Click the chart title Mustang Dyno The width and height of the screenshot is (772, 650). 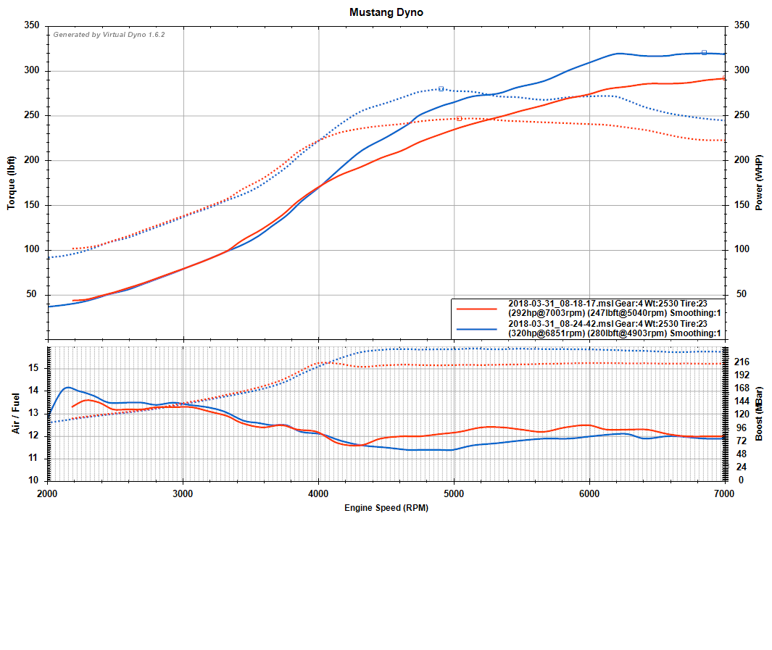pyautogui.click(x=386, y=12)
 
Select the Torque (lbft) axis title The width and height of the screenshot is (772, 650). pyautogui.click(x=12, y=183)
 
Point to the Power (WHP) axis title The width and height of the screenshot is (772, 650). pyautogui.click(x=759, y=183)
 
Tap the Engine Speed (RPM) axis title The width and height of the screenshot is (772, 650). pyautogui.click(x=386, y=508)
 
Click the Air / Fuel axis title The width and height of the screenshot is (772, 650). pyautogui.click(x=15, y=414)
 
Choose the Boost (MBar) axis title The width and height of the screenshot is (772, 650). pyautogui.click(x=759, y=414)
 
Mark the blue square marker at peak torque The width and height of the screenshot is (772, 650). pyautogui.click(x=441, y=88)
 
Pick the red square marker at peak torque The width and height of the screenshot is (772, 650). pyautogui.click(x=459, y=118)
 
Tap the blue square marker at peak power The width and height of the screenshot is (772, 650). pyautogui.click(x=704, y=52)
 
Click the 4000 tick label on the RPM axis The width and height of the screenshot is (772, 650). pyautogui.click(x=318, y=493)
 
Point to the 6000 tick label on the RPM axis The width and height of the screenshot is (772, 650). pyautogui.click(x=589, y=493)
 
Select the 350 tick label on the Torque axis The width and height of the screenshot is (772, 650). pyautogui.click(x=31, y=25)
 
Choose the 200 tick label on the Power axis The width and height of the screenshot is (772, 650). pyautogui.click(x=741, y=160)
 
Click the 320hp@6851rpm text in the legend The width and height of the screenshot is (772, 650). pyautogui.click(x=546, y=333)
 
